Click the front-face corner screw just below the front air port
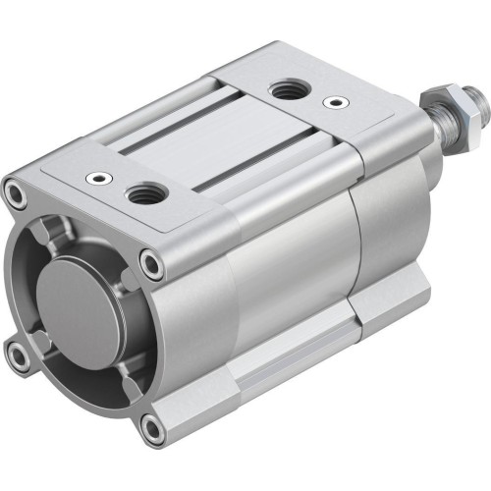tap(150, 262)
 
